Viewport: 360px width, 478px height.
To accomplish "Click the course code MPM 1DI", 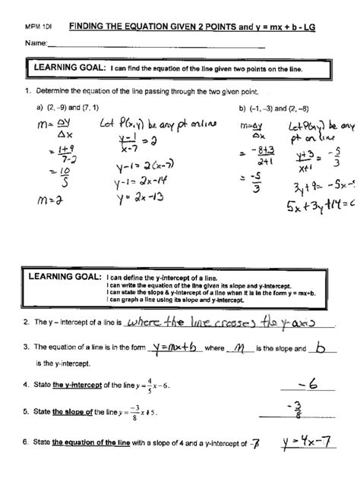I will [36, 26].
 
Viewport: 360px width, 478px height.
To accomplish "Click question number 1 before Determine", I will [26, 92].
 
